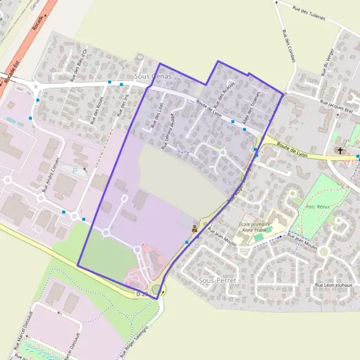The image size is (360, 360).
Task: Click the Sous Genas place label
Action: coord(152,77)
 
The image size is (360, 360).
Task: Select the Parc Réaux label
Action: coord(319,207)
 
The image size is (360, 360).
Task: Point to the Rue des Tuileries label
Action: coord(308,13)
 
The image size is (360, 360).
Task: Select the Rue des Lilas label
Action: coord(158,116)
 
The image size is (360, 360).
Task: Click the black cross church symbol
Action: coord(341,151)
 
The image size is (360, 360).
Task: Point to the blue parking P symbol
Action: coord(74,172)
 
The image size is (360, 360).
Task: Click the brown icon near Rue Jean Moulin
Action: coord(194,228)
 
